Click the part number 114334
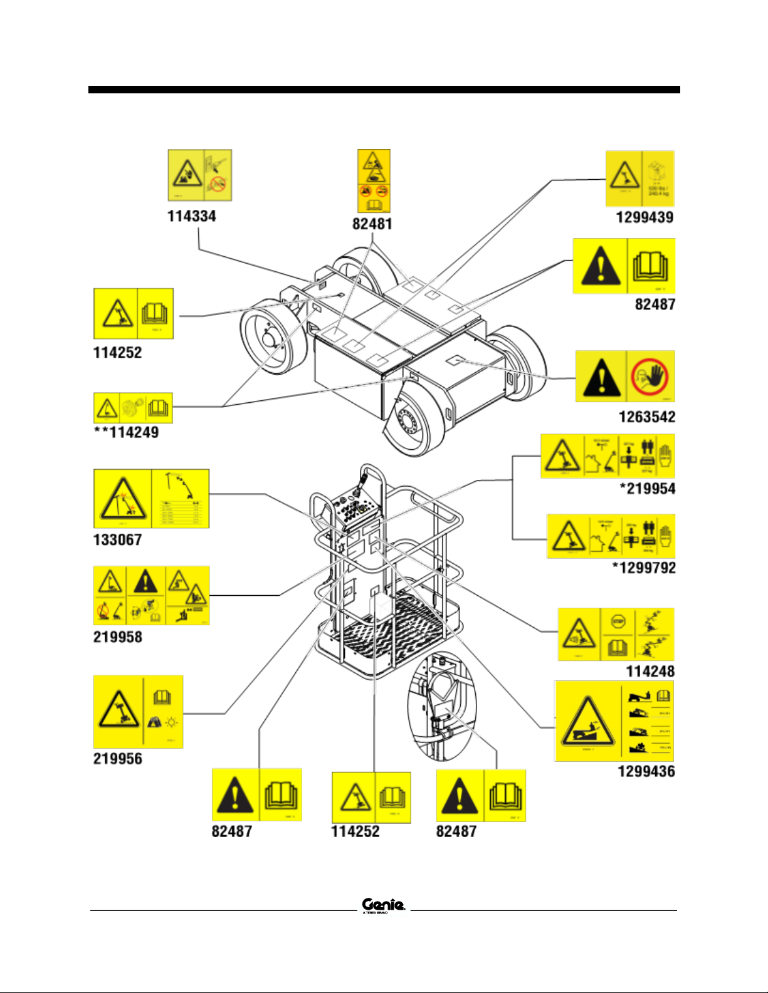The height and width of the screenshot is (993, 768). (191, 216)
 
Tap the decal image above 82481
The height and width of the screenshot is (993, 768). (374, 181)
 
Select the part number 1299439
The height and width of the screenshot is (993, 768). (644, 217)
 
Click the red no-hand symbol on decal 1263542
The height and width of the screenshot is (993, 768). (650, 377)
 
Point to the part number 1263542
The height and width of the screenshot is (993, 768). (647, 417)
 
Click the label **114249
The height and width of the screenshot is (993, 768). (126, 432)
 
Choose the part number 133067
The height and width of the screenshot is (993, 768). (117, 539)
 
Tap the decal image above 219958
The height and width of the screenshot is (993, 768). (151, 595)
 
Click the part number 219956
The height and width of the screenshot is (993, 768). (117, 759)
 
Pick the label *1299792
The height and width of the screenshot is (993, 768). (644, 568)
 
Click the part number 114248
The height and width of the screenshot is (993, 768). (650, 672)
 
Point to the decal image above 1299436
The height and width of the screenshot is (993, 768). (614, 721)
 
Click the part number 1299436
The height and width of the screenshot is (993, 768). (646, 771)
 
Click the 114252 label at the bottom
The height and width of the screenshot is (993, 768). (355, 831)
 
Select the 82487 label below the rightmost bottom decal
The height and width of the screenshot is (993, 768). (456, 831)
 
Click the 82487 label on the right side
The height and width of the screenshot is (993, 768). (655, 304)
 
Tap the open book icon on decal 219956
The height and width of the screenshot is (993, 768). (162, 697)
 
